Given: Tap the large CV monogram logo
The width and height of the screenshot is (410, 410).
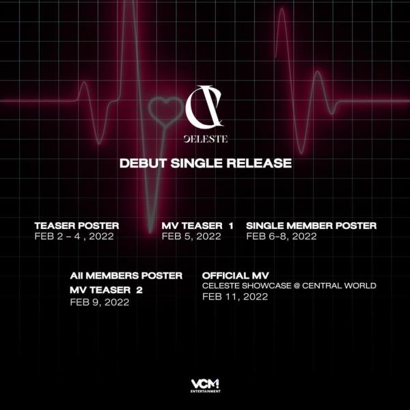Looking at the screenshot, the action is (204, 107).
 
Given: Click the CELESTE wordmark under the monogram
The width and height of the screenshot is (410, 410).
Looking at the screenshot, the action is (206, 139).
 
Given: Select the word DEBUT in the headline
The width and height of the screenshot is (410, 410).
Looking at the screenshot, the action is (143, 163).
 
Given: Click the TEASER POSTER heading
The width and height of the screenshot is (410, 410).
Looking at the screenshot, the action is (77, 225).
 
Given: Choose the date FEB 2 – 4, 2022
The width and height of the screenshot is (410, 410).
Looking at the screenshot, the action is (74, 236).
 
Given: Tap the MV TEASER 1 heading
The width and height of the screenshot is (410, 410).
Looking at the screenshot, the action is (197, 225).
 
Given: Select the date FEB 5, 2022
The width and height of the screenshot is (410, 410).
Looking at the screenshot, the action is (191, 236).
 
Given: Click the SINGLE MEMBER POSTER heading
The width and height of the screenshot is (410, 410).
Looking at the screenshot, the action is (311, 225).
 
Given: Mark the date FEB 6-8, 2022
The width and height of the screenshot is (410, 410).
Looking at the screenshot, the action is (282, 236).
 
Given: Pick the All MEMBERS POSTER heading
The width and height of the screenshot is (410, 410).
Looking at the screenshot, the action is (126, 275).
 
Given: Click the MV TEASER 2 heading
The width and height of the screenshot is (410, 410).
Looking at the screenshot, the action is (106, 290).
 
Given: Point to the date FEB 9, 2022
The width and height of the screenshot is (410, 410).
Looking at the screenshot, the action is (100, 302).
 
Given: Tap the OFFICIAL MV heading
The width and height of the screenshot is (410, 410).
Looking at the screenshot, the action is (235, 275).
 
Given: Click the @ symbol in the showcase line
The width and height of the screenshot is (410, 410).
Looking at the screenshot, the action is (297, 286).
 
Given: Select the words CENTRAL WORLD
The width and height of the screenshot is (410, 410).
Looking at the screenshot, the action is (339, 286).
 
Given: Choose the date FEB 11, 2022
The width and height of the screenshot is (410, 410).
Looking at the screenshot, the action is (235, 297).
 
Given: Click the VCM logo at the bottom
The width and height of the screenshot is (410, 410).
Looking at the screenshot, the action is (205, 384).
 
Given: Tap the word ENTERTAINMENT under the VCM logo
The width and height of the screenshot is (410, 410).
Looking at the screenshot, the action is (205, 392).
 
